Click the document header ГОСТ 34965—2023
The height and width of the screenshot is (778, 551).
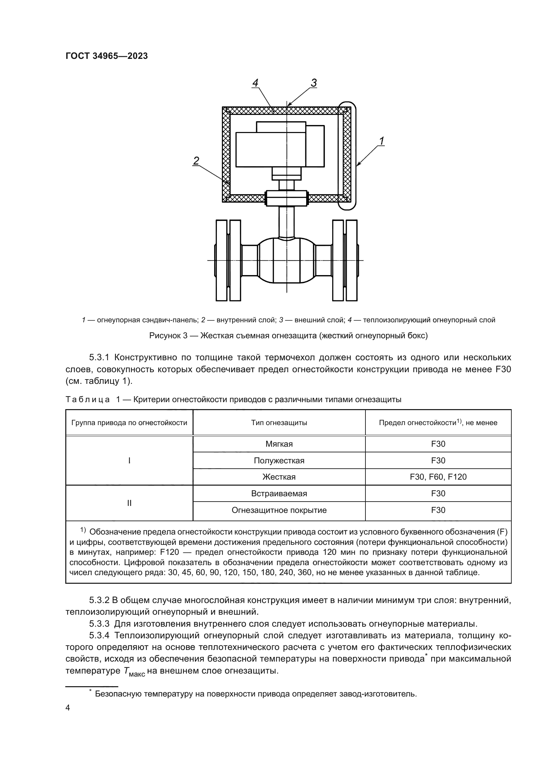pos(107,56)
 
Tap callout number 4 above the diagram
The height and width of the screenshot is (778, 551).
pos(255,83)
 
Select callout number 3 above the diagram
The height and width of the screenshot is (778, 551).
pos(313,83)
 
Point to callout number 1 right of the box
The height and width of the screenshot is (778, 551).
pos(381,141)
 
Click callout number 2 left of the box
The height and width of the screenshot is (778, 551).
pos(196,161)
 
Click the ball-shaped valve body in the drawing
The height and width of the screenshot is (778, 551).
pos(287,260)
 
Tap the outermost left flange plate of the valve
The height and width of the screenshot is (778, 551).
pos(221,260)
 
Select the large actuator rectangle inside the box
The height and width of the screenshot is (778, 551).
pos(271,149)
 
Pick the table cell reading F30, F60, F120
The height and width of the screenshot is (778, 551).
pos(438,477)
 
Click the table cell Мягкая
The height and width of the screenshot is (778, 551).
pos(279,444)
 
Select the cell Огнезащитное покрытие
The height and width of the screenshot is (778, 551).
pos(279,510)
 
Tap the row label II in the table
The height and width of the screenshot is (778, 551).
pos(129,503)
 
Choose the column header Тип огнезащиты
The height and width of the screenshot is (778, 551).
pos(279,422)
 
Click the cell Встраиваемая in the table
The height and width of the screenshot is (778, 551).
pos(279,493)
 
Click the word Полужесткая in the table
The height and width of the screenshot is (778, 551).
pos(279,460)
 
